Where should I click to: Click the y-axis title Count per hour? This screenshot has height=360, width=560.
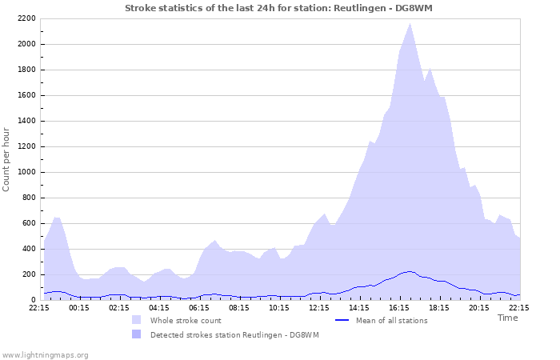point(7,158)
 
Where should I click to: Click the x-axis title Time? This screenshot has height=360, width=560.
point(507,318)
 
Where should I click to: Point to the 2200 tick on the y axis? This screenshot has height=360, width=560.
point(27,18)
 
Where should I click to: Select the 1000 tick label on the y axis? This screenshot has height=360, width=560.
point(27,172)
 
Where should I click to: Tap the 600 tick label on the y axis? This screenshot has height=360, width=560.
point(30,223)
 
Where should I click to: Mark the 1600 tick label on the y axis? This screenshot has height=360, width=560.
point(27,95)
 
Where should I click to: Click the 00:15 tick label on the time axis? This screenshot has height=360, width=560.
point(79,307)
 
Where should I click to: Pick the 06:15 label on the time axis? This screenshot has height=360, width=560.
point(199,307)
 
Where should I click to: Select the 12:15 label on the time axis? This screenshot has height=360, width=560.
point(319,307)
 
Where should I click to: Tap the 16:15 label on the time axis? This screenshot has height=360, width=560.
point(399,307)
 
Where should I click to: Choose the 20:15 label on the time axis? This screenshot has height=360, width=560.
point(479,307)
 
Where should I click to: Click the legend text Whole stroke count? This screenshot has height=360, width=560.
point(186,320)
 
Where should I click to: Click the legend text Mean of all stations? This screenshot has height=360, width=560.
point(391,320)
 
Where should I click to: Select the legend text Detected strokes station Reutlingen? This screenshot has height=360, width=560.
point(234,334)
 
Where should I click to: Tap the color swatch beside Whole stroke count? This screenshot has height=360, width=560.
point(137,320)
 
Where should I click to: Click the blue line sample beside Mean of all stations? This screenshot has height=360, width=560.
point(342,320)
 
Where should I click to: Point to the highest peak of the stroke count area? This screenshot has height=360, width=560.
point(410,23)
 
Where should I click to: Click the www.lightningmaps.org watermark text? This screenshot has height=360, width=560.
point(45,354)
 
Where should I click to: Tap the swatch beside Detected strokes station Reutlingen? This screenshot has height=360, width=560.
point(137,334)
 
